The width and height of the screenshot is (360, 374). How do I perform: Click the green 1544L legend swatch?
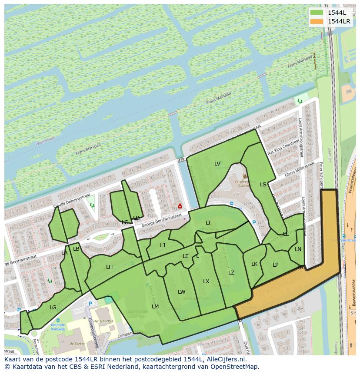pyautogui.click(x=317, y=13)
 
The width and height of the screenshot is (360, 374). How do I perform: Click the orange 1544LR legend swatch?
pyautogui.click(x=317, y=21)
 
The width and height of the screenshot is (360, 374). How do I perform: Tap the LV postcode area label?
pyautogui.click(x=217, y=164)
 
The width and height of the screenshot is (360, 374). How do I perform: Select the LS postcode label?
pyautogui.click(x=263, y=185)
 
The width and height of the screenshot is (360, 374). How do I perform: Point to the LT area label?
pyautogui.click(x=209, y=223)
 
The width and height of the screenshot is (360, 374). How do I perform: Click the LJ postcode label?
pyautogui.click(x=163, y=245)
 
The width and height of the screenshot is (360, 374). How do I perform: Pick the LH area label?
pyautogui.click(x=110, y=267)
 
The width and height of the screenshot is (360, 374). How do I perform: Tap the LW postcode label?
pyautogui.click(x=182, y=292)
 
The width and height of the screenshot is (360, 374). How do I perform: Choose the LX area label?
pyautogui.click(x=206, y=281)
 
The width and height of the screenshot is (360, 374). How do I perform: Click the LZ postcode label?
pyautogui.click(x=231, y=273)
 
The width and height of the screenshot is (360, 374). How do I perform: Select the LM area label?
pyautogui.click(x=155, y=307)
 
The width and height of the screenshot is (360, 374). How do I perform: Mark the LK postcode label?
pyautogui.click(x=254, y=264)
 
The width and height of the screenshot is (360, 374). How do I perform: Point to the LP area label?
pyautogui.click(x=276, y=265)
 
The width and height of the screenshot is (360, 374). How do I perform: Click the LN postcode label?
pyautogui.click(x=298, y=249)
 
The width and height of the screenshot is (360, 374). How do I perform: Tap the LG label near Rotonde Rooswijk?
pyautogui.click(x=53, y=308)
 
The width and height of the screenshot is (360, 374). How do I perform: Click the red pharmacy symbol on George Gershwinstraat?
pyautogui.click(x=180, y=206)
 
